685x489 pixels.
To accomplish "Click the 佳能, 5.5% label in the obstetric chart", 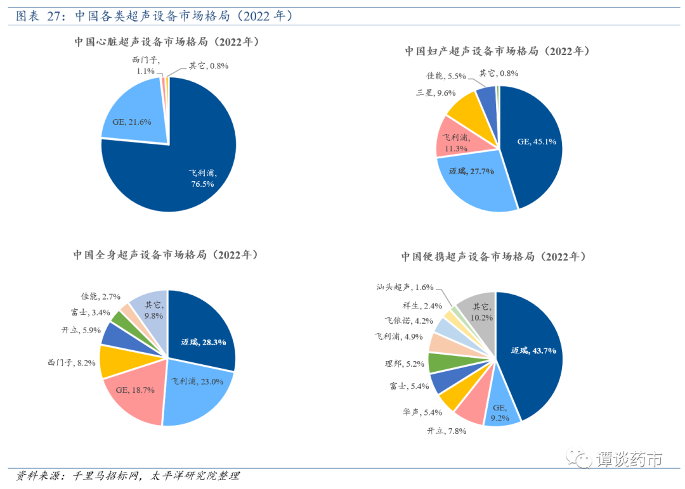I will (x=447, y=76).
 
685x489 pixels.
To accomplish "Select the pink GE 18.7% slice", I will (x=133, y=390).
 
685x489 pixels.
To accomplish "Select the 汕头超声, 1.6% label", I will (x=407, y=288).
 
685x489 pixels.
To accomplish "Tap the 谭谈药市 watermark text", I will (x=629, y=459).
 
